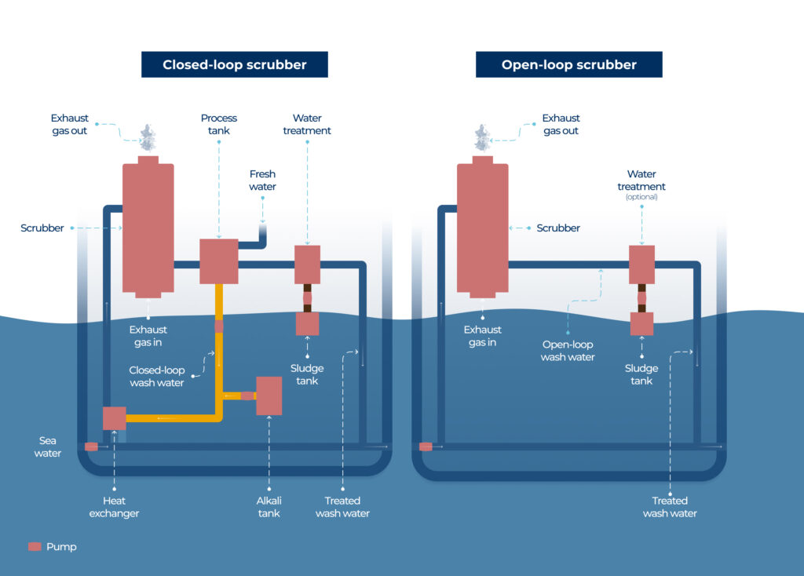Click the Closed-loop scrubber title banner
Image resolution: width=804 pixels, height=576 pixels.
234,64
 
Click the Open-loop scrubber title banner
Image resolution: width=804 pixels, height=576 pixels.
568,64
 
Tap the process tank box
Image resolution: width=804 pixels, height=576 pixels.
219,261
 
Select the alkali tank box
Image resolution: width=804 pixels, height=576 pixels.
269,396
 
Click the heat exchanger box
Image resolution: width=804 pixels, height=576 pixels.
115,417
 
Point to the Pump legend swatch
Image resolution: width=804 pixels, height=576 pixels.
35,546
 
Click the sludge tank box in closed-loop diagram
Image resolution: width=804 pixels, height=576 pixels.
307,323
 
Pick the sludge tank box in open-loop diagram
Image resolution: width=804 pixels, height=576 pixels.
641,323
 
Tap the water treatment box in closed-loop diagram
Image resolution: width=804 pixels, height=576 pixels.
307,264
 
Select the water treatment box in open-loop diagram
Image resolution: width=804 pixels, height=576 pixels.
641,264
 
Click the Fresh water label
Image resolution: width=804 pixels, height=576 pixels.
262,180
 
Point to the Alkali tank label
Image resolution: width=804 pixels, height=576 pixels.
269,507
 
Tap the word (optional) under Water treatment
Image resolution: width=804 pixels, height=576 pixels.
641,197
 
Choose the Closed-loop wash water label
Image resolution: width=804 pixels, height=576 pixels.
157,377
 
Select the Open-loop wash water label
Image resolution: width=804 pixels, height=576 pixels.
568,351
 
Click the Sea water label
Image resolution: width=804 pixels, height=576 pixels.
48,447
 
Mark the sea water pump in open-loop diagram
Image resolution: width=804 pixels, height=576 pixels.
426,447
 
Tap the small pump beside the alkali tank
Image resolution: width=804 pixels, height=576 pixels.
247,396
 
